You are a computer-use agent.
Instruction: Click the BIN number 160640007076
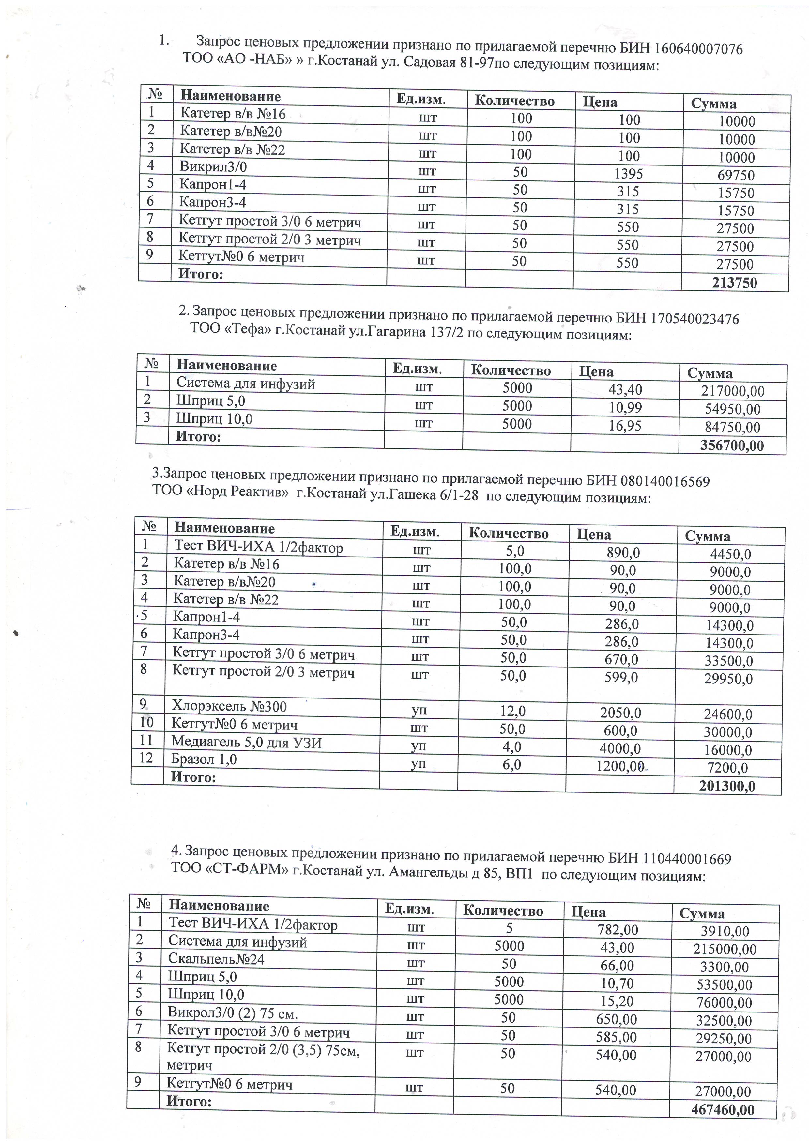[x=698, y=49]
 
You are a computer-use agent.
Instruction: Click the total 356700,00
[x=732, y=445]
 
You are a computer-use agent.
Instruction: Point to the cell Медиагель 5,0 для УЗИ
[x=246, y=743]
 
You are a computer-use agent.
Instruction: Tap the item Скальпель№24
[x=216, y=959]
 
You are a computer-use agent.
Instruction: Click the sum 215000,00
[x=728, y=949]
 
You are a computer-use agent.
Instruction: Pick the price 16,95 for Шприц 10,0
[x=625, y=425]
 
